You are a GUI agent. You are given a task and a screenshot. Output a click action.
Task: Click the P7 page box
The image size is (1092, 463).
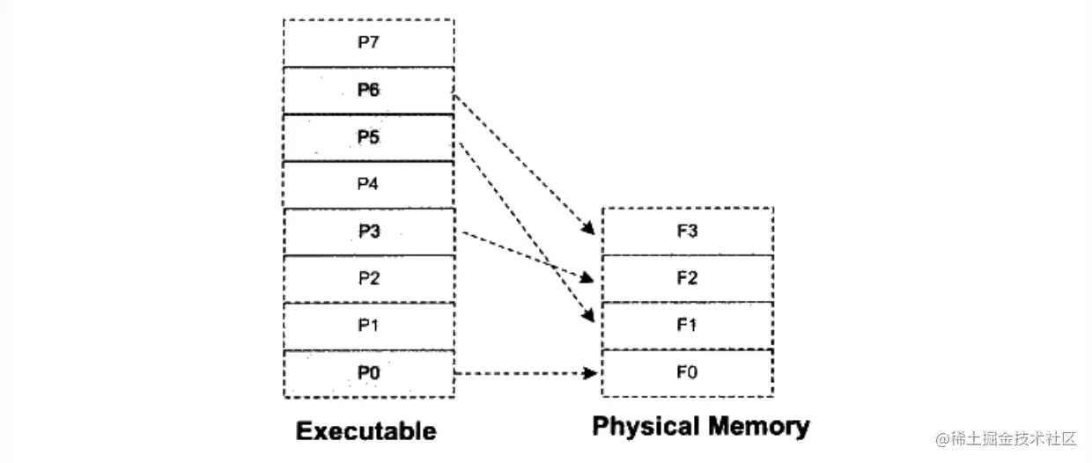[368, 43]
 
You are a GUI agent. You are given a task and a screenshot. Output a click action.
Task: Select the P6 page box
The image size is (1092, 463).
[368, 90]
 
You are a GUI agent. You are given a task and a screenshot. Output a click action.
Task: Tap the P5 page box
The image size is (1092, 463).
[368, 137]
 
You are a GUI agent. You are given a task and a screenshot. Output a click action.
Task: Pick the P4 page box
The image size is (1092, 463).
[368, 184]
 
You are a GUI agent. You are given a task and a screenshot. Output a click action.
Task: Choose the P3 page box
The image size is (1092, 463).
[368, 231]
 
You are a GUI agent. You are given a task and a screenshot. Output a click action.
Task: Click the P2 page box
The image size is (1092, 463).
[368, 278]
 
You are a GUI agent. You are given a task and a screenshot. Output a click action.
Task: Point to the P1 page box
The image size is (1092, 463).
[368, 326]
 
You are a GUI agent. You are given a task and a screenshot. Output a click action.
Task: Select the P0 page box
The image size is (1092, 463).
[368, 373]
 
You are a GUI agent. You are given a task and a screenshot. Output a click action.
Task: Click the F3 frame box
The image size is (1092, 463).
[687, 231]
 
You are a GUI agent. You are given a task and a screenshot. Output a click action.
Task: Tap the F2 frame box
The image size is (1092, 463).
[687, 278]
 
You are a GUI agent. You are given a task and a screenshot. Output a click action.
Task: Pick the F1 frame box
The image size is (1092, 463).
[687, 326]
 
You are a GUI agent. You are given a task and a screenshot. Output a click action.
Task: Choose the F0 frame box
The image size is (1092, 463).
[687, 373]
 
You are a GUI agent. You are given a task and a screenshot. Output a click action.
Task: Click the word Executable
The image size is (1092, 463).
[365, 431]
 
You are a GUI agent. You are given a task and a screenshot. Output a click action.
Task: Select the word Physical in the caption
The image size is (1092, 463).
[649, 428]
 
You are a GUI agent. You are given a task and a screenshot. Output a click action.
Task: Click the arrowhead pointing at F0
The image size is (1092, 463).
[592, 373]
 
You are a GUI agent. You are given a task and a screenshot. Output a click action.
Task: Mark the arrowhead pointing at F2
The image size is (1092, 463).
[590, 279]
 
